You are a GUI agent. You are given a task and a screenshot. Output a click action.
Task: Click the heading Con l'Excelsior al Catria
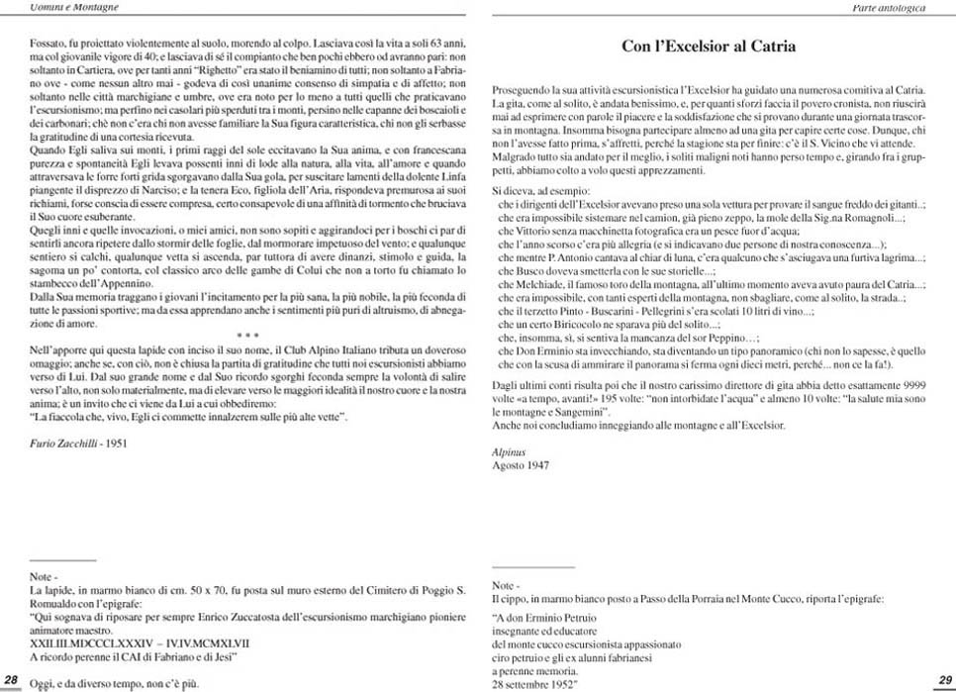pyautogui.click(x=708, y=46)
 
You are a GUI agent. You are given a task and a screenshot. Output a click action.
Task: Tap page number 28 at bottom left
pyautogui.click(x=12, y=678)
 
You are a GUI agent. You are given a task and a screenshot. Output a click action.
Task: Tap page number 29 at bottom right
pyautogui.click(x=942, y=678)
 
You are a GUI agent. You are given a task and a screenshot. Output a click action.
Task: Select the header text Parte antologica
pyautogui.click(x=890, y=7)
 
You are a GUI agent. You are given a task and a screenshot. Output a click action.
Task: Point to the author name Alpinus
pyautogui.click(x=510, y=450)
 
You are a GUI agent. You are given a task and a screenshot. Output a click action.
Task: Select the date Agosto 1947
pyautogui.click(x=520, y=463)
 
